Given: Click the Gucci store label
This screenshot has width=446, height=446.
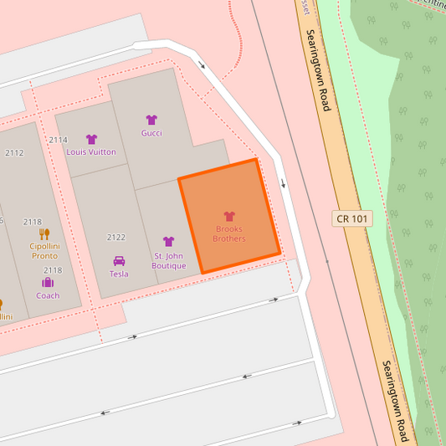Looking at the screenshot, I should [x=151, y=133].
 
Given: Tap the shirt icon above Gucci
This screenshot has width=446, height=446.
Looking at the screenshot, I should [x=151, y=120].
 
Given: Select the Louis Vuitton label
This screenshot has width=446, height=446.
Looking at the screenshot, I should [x=91, y=152].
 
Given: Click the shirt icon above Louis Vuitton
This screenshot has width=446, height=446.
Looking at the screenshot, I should [x=91, y=140].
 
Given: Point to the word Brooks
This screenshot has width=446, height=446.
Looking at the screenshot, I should [x=229, y=228].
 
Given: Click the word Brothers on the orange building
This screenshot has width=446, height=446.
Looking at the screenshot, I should [x=229, y=238].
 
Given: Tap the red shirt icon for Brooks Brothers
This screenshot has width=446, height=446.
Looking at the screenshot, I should [x=229, y=216].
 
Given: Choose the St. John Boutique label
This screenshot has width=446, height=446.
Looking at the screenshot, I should [x=168, y=260].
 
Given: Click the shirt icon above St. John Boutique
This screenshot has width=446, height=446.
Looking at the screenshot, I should [x=168, y=242].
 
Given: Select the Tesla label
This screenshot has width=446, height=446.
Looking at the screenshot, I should [x=119, y=274].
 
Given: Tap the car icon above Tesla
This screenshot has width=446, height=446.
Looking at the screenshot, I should [x=119, y=260].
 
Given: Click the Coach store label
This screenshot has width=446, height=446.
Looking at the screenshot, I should [x=48, y=295].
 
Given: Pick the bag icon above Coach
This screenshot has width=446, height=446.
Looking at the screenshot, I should [x=48, y=282].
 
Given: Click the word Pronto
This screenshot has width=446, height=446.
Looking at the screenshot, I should [x=44, y=255].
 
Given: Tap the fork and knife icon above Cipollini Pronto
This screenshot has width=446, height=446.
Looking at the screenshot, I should [x=44, y=233].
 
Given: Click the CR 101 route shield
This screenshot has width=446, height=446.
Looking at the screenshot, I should [x=352, y=218].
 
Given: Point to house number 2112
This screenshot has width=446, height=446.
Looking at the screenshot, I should [x=14, y=153].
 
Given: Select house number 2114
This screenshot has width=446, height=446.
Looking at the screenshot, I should [x=58, y=140].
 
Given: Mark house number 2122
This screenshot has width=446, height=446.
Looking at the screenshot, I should [x=116, y=238].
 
